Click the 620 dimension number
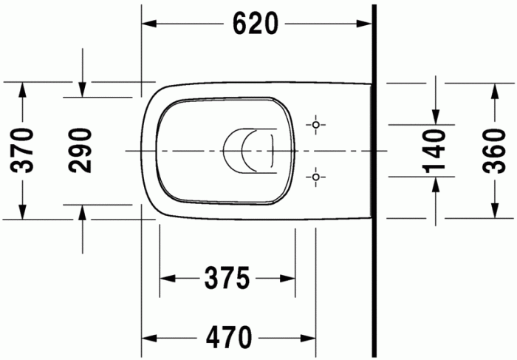255,24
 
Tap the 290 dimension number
81,151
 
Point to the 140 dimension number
435,151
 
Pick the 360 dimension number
493,151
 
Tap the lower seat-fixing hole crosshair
316,177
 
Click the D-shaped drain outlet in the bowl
247,151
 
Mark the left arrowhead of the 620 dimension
148,24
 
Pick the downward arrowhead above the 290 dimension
83,89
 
